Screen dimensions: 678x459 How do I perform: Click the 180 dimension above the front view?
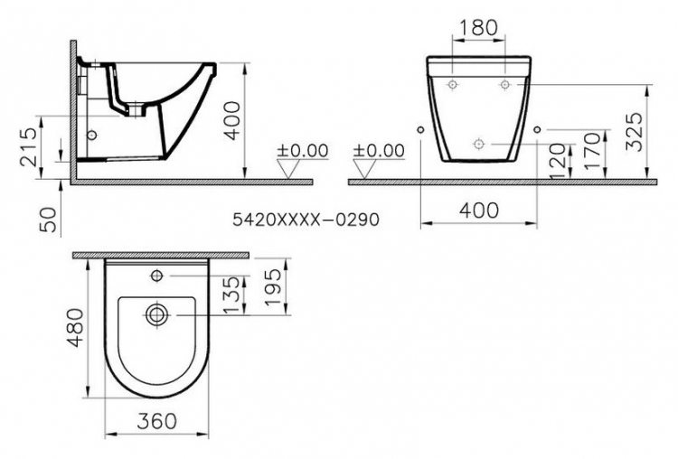click(x=478, y=28)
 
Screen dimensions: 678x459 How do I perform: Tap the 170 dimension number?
click(x=592, y=151)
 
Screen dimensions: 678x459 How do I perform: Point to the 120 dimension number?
click(x=558, y=161)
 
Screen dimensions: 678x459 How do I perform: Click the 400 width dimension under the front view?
click(x=478, y=211)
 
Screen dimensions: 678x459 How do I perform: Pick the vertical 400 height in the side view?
click(x=232, y=120)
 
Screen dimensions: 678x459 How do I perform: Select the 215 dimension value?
click(x=29, y=146)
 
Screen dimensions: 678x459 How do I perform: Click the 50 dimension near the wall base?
click(x=49, y=220)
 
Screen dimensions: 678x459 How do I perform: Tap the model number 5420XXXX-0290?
click(x=306, y=220)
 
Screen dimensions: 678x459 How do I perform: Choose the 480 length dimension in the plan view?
click(x=77, y=328)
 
